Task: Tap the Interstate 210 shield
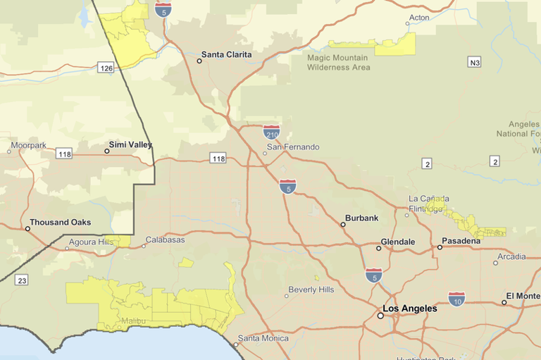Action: coord(271,132)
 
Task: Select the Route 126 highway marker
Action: coord(106,68)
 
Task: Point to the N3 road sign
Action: coord(474,63)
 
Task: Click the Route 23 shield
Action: coord(22,280)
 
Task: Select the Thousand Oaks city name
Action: coord(60,222)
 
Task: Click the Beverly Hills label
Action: coord(311,290)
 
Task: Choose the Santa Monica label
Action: coord(263,338)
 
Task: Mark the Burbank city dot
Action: coord(343,225)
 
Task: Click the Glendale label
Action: coord(397,242)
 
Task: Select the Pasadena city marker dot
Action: coord(440,247)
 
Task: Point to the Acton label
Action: coord(418,17)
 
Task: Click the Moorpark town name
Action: coord(28,145)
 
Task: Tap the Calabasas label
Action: coord(165,240)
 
